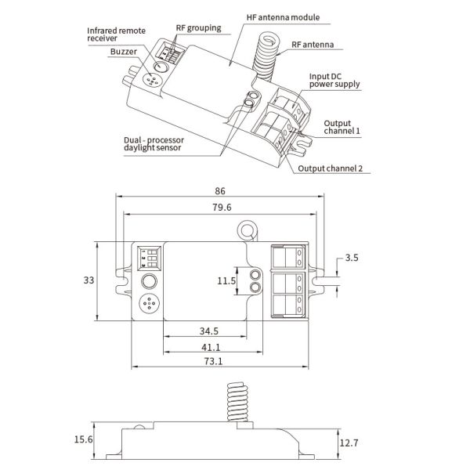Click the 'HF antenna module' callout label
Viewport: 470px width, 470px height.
click(x=283, y=17)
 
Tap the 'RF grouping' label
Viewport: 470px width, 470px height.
click(x=198, y=28)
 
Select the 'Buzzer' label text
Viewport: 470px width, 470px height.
click(x=124, y=52)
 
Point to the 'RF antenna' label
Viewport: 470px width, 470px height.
click(x=313, y=45)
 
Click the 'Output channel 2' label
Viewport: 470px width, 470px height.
click(x=330, y=168)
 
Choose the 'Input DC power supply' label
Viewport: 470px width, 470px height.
click(x=334, y=81)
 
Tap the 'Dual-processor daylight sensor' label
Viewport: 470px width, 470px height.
click(x=154, y=144)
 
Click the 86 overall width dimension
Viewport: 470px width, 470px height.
click(x=220, y=191)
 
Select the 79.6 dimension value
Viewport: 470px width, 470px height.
click(x=222, y=207)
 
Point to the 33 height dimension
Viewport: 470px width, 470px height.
click(x=89, y=280)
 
